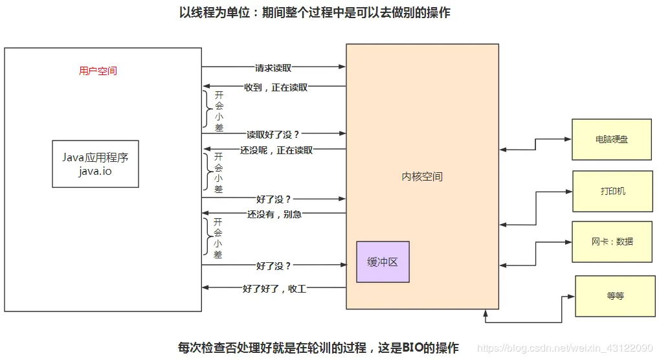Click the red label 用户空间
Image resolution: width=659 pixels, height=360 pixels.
tap(98, 71)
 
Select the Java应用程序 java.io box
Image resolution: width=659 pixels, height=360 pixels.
tap(95, 164)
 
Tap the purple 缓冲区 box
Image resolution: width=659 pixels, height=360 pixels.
tap(383, 262)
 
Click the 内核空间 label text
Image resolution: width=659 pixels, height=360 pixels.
tap(422, 176)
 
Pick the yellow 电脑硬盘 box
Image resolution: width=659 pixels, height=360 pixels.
tap(611, 139)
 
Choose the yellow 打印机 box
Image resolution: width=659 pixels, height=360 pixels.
tap(612, 191)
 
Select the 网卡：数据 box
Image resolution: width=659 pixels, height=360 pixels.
tap(612, 242)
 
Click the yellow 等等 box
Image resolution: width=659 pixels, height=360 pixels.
tap(615, 296)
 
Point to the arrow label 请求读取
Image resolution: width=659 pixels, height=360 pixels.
tap(273, 67)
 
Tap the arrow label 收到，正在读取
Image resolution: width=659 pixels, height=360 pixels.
tap(276, 87)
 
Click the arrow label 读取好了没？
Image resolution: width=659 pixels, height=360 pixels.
tap(273, 134)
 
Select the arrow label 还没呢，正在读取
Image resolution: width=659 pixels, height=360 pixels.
tap(276, 150)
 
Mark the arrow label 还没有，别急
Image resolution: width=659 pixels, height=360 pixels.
tap(274, 214)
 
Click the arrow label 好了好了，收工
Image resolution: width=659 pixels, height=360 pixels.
tap(274, 289)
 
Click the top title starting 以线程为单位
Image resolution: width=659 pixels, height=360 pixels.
tap(315, 13)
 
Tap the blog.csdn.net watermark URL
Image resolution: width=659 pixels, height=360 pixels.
tap(564, 348)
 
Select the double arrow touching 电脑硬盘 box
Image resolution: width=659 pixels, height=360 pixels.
tap(535, 144)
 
